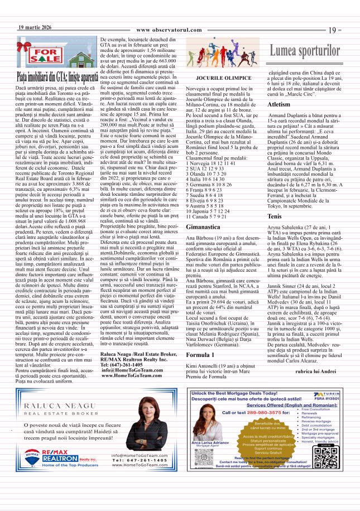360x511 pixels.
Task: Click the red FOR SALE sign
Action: [50, 56]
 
